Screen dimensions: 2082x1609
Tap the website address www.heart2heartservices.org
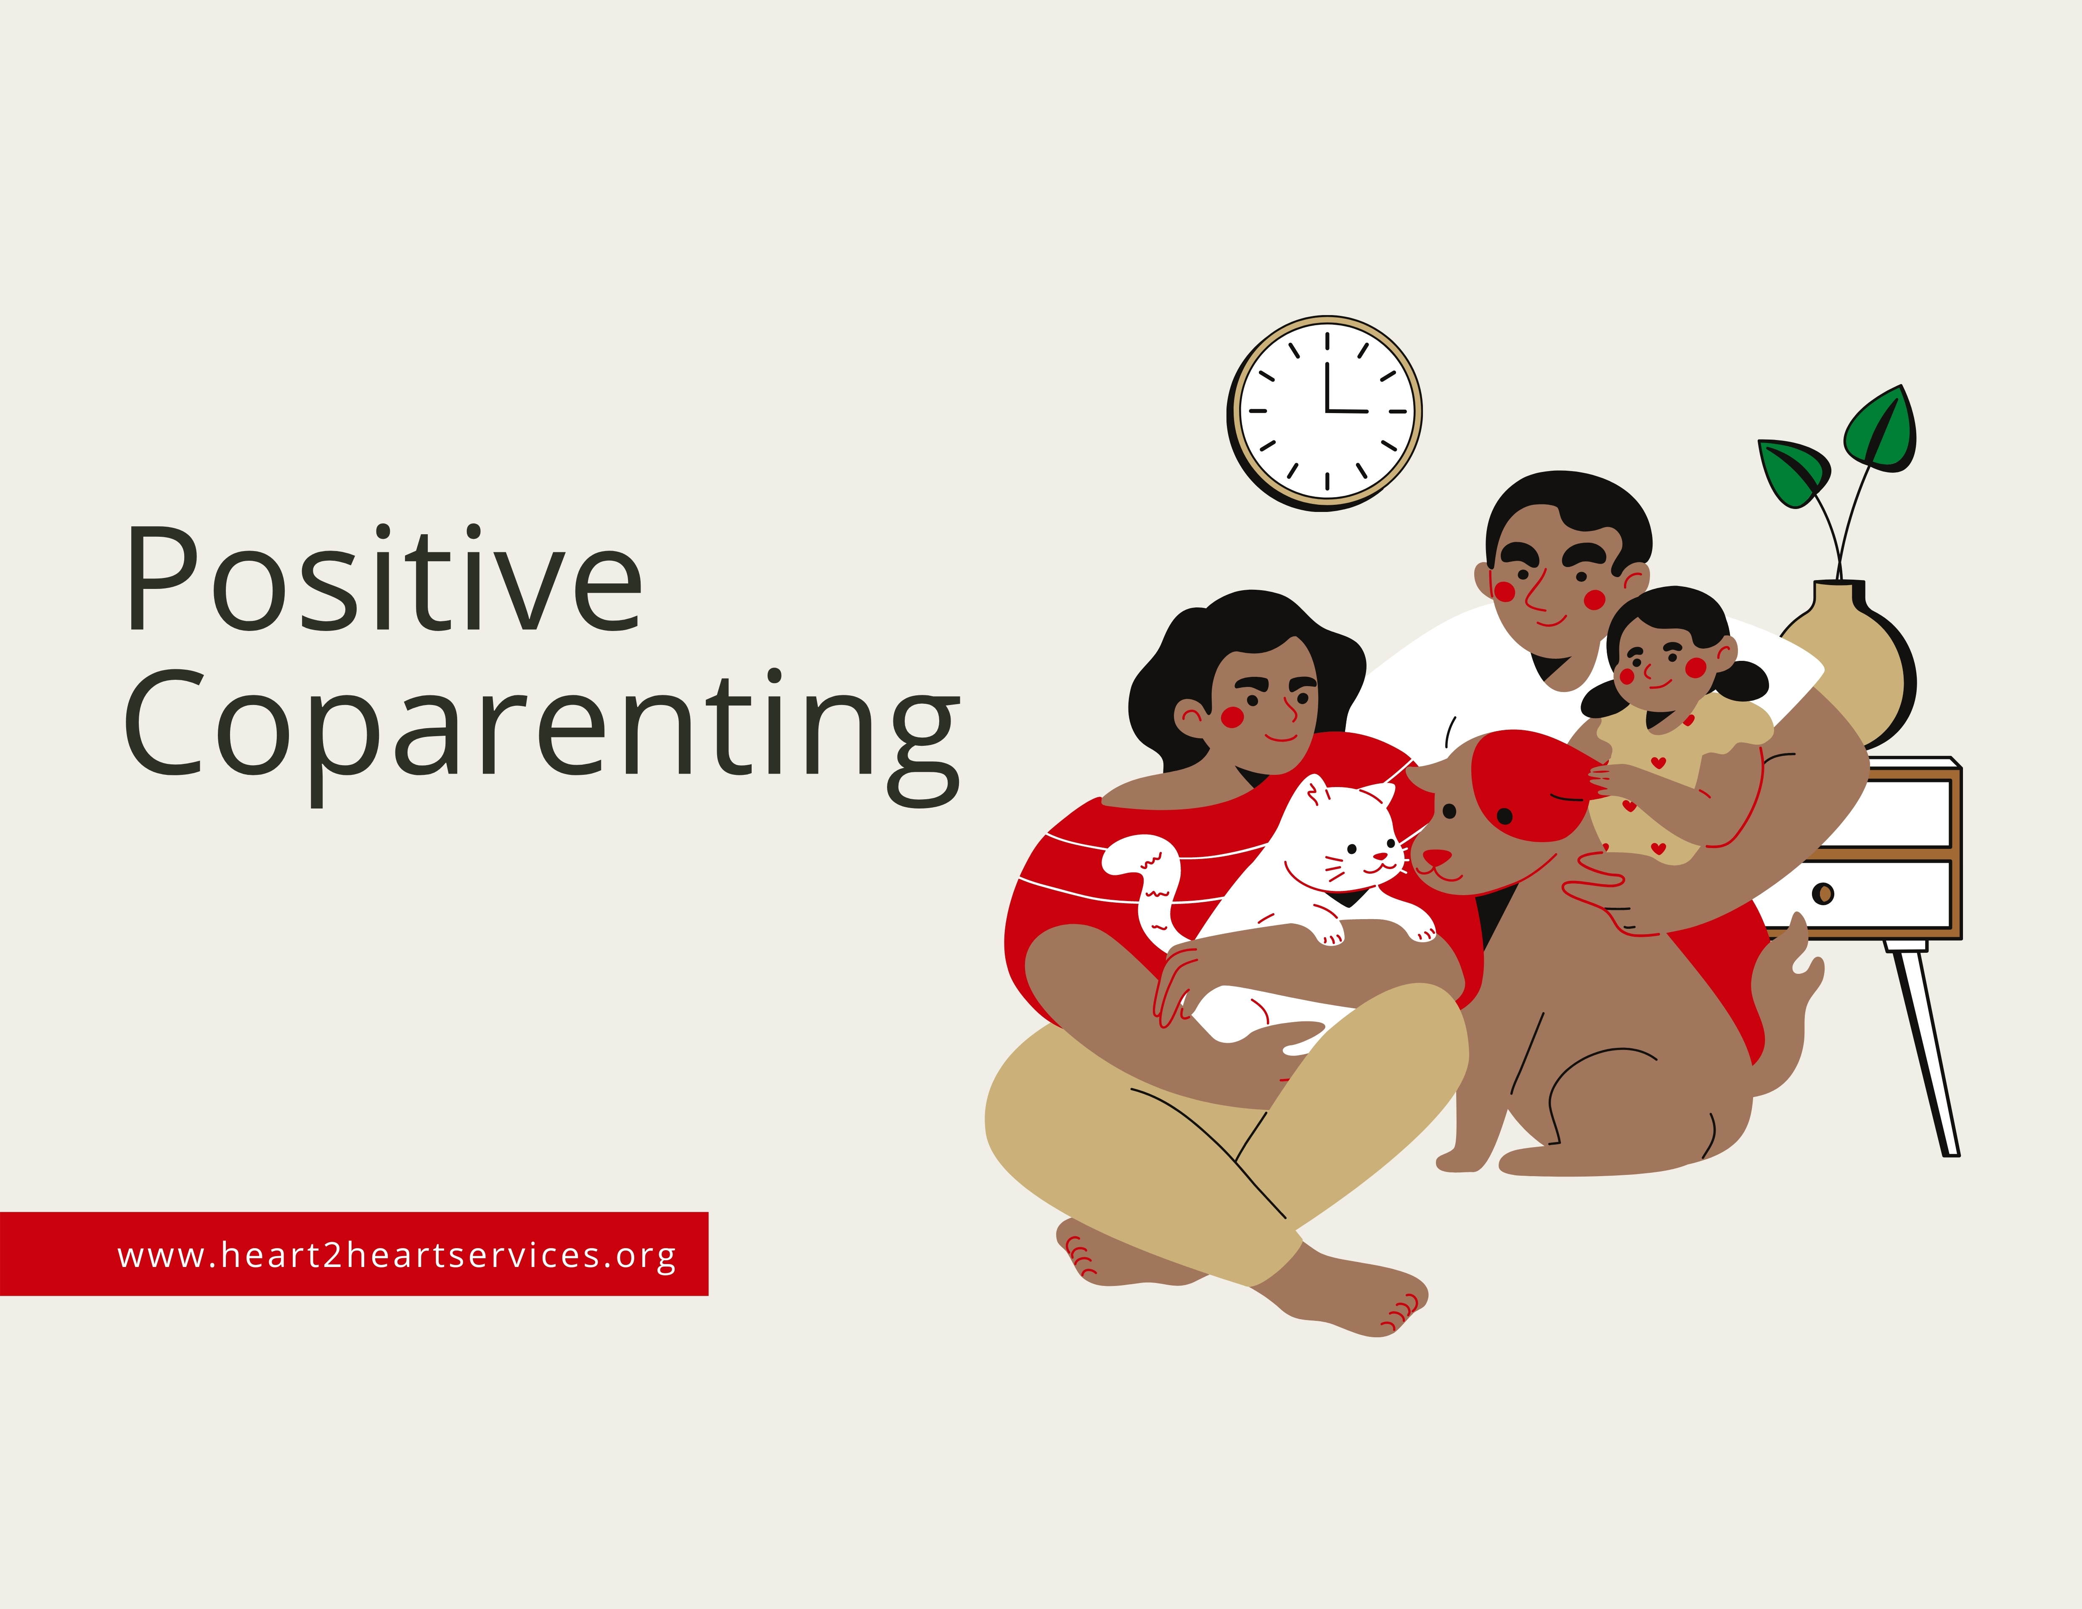tap(397, 1254)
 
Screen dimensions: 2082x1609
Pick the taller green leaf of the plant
tap(1880, 429)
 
